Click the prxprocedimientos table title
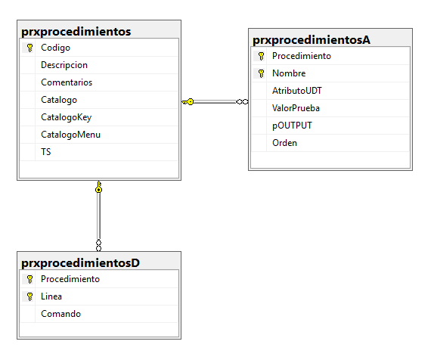point(76,32)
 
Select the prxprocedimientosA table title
point(312,40)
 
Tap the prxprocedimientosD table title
point(81,263)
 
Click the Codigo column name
point(55,48)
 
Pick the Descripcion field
point(64,65)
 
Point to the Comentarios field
point(67,82)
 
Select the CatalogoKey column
point(66,117)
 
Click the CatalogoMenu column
point(70,135)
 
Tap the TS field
point(46,152)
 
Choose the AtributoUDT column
point(297,91)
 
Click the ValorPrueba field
point(296,108)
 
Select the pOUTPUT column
point(292,126)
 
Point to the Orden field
point(284,143)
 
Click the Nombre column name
point(289,73)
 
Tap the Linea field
point(51,296)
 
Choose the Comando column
point(61,314)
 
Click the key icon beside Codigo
point(29,48)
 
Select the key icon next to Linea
point(29,296)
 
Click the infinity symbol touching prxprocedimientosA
point(242,102)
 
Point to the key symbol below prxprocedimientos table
point(99,187)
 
